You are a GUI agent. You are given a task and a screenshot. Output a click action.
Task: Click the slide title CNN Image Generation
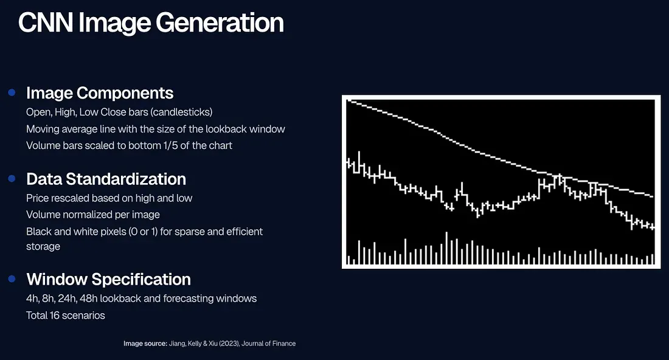click(x=151, y=23)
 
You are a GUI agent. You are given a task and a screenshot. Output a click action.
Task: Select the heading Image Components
click(x=100, y=93)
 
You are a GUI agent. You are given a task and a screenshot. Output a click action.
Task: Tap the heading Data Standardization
click(x=106, y=179)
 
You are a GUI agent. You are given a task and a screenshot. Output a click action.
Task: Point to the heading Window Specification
click(x=108, y=279)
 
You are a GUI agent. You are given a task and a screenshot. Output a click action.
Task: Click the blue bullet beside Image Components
click(x=12, y=92)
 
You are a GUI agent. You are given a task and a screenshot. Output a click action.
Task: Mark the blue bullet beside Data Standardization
click(x=12, y=178)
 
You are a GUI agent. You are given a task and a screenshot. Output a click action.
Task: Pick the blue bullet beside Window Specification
click(x=12, y=279)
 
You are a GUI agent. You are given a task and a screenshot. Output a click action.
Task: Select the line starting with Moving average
click(x=155, y=129)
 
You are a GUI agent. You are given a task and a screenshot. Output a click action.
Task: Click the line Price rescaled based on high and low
click(x=109, y=198)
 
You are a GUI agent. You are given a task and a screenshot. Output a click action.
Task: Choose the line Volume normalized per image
click(x=93, y=215)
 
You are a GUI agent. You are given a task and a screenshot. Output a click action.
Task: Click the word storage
click(x=43, y=246)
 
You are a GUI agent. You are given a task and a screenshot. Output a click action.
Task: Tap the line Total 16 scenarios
click(x=65, y=315)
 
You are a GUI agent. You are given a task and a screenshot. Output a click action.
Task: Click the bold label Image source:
click(x=145, y=344)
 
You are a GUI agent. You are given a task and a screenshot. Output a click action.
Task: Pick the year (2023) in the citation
click(x=229, y=344)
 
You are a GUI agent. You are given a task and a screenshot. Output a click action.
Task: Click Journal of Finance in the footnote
click(x=269, y=344)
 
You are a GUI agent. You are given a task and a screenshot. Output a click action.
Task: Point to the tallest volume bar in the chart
click(x=447, y=248)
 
